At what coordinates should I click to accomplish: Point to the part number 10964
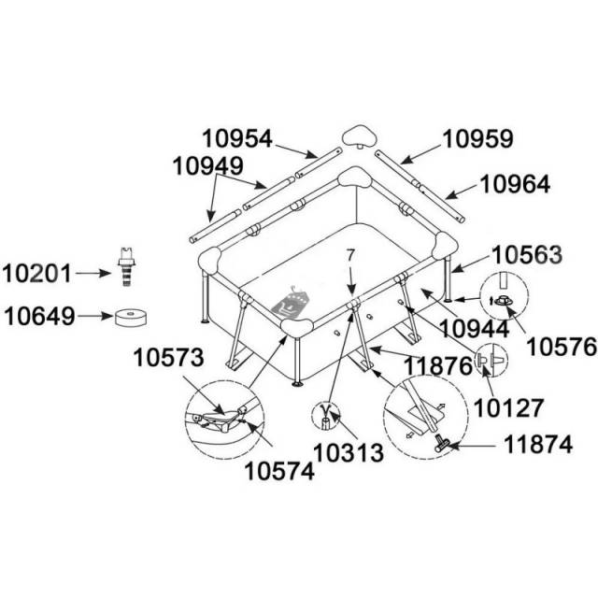(517, 184)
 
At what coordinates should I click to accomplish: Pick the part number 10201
(38, 273)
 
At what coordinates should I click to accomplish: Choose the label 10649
(38, 317)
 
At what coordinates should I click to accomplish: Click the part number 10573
(168, 357)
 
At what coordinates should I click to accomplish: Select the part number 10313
(349, 453)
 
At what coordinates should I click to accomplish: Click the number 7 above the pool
(350, 255)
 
